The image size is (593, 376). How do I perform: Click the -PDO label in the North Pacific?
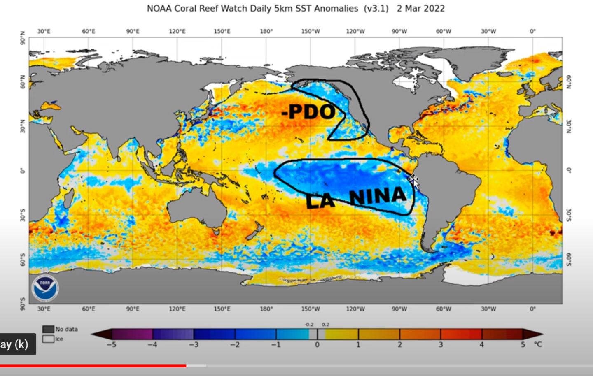pyautogui.click(x=308, y=112)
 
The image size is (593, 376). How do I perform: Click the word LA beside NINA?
pyautogui.click(x=320, y=201)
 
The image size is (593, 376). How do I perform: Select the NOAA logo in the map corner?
pyautogui.click(x=45, y=287)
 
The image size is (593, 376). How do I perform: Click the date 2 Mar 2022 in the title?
pyautogui.click(x=420, y=9)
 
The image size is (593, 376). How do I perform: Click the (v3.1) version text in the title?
pyautogui.click(x=376, y=9)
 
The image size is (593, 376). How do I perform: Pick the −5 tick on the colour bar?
pyautogui.click(x=112, y=345)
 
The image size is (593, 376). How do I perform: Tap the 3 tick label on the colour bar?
pyautogui.click(x=440, y=345)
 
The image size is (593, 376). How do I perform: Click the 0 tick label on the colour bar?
pyautogui.click(x=317, y=345)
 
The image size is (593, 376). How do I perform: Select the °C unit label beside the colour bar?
pyautogui.click(x=538, y=344)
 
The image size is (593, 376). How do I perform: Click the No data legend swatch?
pyautogui.click(x=49, y=329)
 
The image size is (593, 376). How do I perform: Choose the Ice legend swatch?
pyautogui.click(x=49, y=339)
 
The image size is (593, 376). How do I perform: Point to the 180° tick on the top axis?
pyautogui.click(x=266, y=31)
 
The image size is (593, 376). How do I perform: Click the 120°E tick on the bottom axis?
pyautogui.click(x=177, y=309)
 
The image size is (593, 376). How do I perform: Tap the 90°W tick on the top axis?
pyautogui.click(x=399, y=31)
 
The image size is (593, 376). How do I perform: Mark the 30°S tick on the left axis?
pyautogui.click(x=23, y=215)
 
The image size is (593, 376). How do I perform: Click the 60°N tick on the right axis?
pyautogui.click(x=569, y=82)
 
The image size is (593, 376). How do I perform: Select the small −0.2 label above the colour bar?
pyautogui.click(x=309, y=325)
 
